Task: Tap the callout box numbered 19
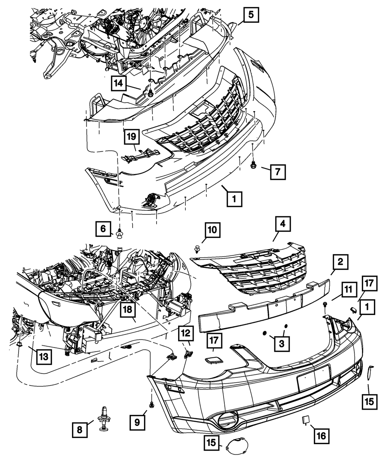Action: (x=131, y=137)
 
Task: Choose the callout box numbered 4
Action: (x=282, y=225)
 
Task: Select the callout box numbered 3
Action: (x=281, y=343)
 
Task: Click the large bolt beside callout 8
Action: (x=104, y=418)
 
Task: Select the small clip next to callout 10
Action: (x=197, y=249)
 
